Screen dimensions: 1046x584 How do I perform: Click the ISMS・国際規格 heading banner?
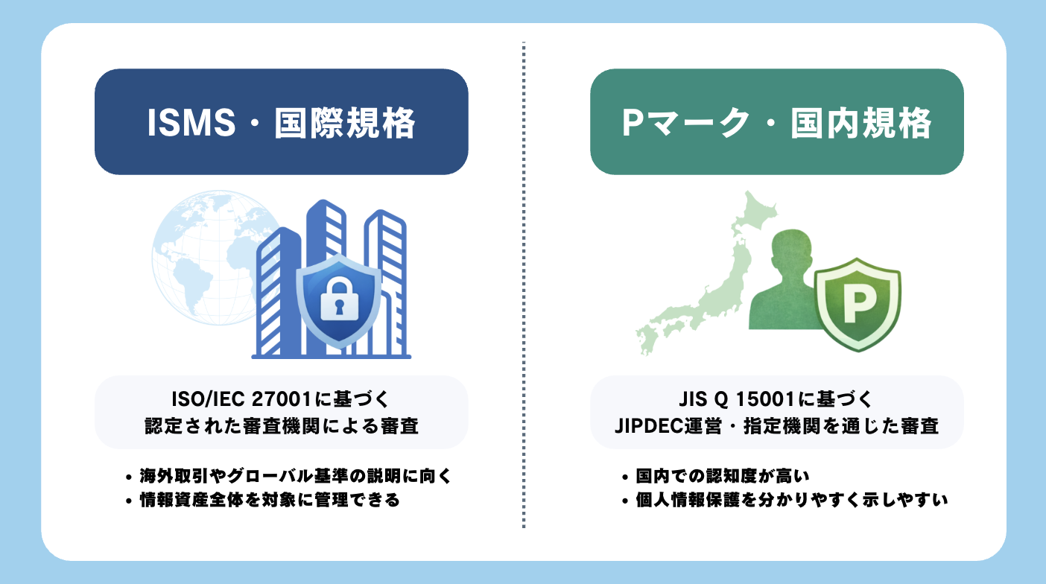point(281,122)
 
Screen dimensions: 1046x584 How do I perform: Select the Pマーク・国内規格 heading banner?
point(776,122)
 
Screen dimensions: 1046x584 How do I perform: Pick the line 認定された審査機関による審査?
point(281,426)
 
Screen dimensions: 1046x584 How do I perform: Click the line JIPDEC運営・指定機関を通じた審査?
point(776,426)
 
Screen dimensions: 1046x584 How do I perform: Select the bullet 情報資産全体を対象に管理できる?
point(270,500)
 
